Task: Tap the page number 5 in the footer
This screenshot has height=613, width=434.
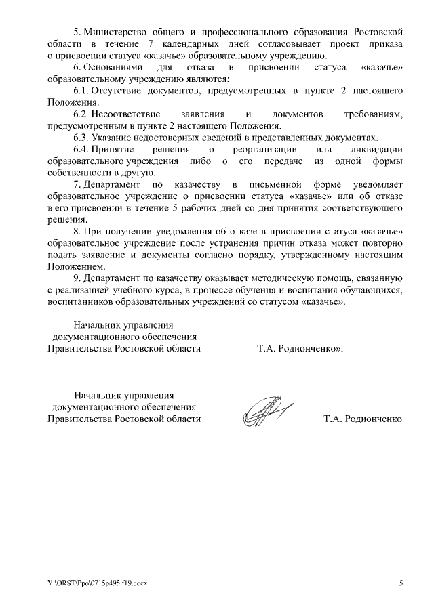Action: coord(401,583)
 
